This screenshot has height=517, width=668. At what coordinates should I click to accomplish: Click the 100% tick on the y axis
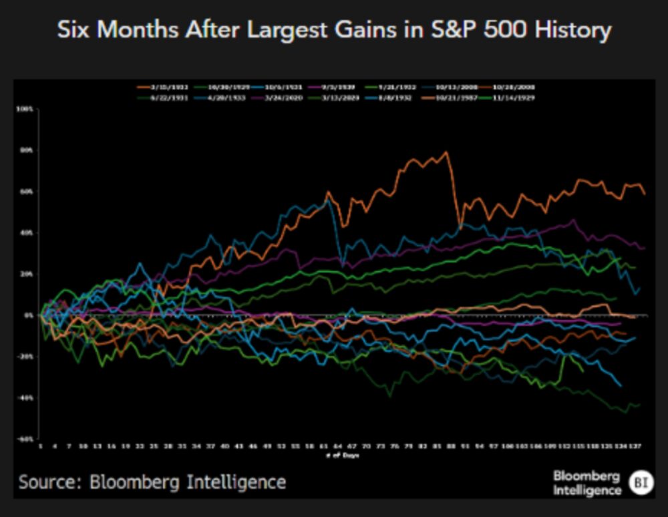pos(26,109)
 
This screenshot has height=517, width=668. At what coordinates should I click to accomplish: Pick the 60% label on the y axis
pos(27,192)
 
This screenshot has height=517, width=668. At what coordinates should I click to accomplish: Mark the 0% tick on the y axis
pos(28,315)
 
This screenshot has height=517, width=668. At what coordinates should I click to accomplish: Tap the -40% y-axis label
pos(26,398)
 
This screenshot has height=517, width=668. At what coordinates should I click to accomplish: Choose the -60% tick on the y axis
pos(26,439)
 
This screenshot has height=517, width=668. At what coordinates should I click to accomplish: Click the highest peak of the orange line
pos(446,153)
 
